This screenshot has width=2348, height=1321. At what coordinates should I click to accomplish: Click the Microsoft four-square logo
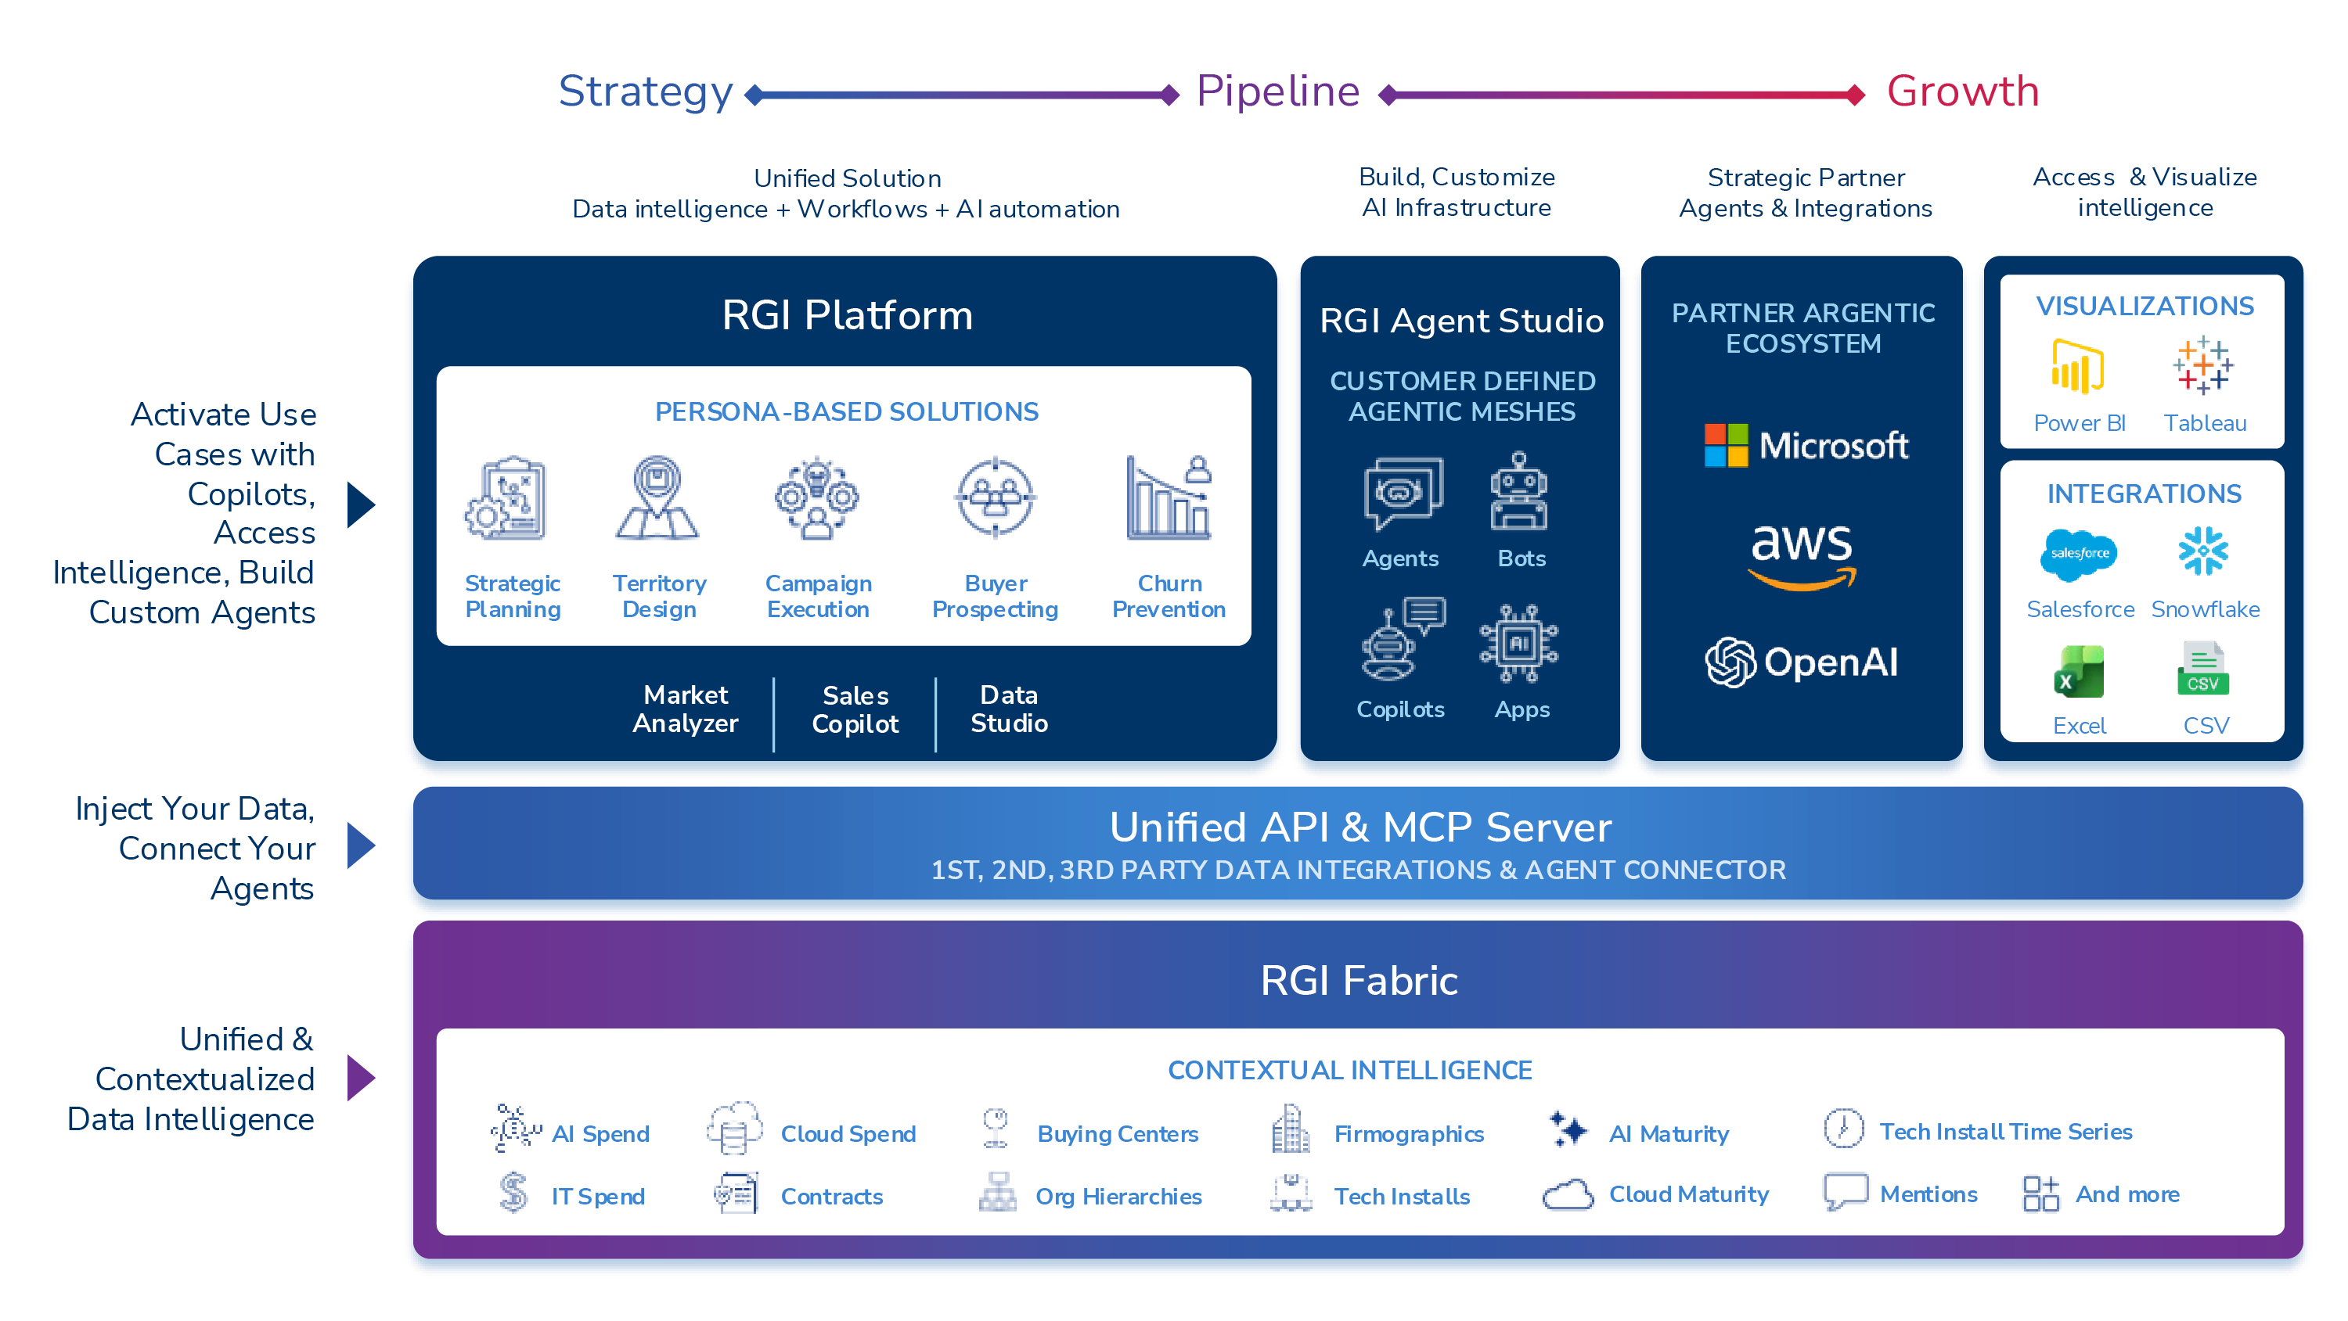tap(1726, 446)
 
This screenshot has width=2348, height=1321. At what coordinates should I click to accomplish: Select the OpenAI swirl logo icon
tap(1730, 662)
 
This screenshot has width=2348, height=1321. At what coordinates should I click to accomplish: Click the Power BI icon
tap(2077, 366)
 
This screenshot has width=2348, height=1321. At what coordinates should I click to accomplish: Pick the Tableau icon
tap(2203, 365)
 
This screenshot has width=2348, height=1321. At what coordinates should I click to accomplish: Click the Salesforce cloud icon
tap(2079, 554)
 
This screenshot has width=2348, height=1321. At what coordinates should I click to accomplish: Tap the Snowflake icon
tap(2203, 551)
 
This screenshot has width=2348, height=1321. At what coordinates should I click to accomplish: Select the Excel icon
tap(2079, 671)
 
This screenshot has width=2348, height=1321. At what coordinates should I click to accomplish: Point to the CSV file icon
tap(2203, 669)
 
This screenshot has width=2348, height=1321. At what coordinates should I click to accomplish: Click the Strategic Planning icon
tap(508, 498)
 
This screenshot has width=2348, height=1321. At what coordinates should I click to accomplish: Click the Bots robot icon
tap(1518, 492)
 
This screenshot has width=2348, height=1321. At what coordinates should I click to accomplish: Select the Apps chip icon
tap(1518, 643)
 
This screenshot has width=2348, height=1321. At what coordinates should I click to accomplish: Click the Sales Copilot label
tap(855, 709)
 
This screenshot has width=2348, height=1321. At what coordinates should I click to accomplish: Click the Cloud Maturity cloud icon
tap(1568, 1194)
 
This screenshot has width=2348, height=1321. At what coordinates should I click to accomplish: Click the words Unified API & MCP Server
tap(1360, 827)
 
